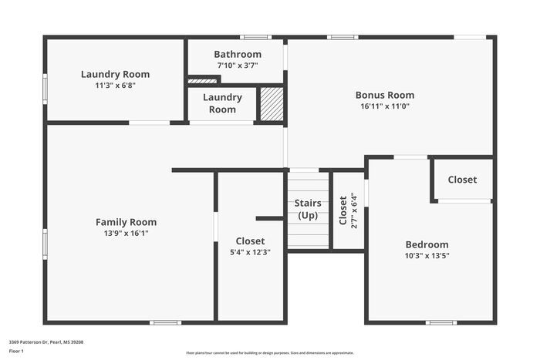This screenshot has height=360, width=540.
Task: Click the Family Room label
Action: pyautogui.click(x=126, y=222)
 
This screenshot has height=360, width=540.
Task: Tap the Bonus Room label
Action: pyautogui.click(x=384, y=96)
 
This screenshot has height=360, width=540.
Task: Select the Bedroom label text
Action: pyautogui.click(x=427, y=244)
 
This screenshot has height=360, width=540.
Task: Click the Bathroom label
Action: pyautogui.click(x=238, y=55)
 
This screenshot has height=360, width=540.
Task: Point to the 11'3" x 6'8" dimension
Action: pyautogui.click(x=115, y=86)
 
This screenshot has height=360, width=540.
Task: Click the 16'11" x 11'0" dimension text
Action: pyautogui.click(x=384, y=106)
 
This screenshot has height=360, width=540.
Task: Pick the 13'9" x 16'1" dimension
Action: pyautogui.click(x=126, y=233)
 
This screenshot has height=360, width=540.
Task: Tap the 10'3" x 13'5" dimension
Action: pyautogui.click(x=427, y=255)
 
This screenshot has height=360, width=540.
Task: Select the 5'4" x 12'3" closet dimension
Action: pyautogui.click(x=250, y=252)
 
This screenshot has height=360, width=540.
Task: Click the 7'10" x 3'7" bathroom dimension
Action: pyautogui.click(x=238, y=66)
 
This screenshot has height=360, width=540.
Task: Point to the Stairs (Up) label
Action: pyautogui.click(x=308, y=209)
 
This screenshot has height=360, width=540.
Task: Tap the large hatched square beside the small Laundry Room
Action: pyautogui.click(x=271, y=104)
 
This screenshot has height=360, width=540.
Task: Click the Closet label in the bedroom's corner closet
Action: pyautogui.click(x=462, y=180)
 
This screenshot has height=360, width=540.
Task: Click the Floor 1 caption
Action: pyautogui.click(x=16, y=352)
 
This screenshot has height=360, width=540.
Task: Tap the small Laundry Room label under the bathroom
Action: pyautogui.click(x=222, y=103)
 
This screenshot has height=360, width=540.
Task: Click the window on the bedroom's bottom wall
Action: pyautogui.click(x=441, y=322)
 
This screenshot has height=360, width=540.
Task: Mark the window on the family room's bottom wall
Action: pyautogui.click(x=165, y=322)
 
